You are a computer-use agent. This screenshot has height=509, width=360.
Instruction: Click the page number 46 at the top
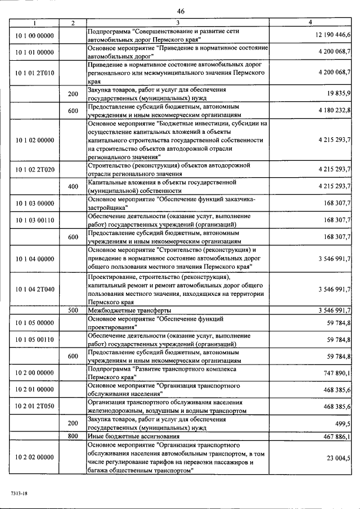tap(180, 11)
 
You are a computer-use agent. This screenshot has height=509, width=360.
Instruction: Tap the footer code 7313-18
tap(19, 493)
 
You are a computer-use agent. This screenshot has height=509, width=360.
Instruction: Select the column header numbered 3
tap(178, 22)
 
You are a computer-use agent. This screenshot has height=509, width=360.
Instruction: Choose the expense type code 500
tap(73, 310)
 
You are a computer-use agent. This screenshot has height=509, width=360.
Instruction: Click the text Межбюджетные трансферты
tap(129, 310)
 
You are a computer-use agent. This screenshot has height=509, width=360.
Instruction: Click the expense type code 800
tap(73, 436)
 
